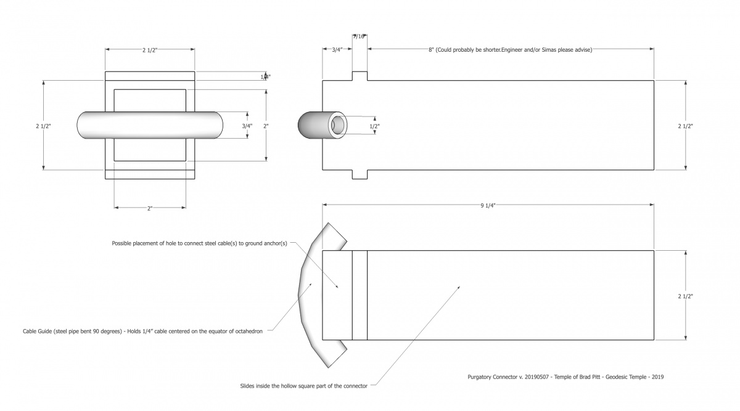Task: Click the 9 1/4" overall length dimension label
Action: [x=487, y=205]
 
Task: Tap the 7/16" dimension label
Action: [x=360, y=36]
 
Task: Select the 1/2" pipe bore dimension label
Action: [x=374, y=126]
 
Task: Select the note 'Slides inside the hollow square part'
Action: [x=304, y=386]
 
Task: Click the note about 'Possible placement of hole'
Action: [x=199, y=243]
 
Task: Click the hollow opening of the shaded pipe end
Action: [x=339, y=125]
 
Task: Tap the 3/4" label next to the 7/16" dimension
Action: [x=337, y=50]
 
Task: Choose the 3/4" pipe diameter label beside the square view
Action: [x=247, y=126]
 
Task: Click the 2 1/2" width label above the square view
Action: [x=150, y=50]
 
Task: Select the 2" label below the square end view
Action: [x=150, y=208]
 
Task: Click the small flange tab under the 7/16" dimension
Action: [x=360, y=76]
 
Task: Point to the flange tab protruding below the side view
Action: [x=360, y=175]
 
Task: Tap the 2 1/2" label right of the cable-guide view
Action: [x=685, y=296]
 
